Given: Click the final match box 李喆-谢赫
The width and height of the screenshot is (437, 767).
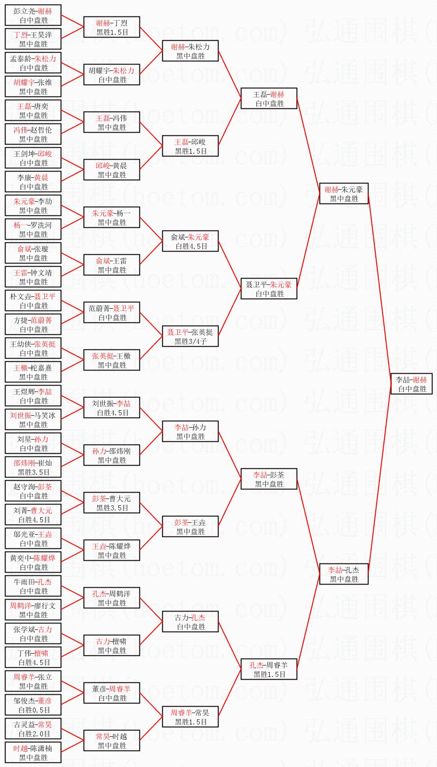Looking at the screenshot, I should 412,384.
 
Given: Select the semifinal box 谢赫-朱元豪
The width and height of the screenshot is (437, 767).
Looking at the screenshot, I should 344,193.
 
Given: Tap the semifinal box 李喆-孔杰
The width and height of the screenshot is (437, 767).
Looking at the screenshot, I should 344,574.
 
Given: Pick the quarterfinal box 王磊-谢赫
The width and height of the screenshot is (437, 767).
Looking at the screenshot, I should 269,98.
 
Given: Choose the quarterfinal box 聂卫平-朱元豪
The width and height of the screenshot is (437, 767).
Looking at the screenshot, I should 269,289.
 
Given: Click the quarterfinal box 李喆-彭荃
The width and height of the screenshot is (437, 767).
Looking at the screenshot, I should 269,479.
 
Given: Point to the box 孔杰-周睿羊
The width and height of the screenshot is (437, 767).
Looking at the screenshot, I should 269,669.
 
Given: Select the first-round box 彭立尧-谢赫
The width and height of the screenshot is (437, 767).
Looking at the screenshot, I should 33,15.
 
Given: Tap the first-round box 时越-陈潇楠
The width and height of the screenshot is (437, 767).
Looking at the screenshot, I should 33,752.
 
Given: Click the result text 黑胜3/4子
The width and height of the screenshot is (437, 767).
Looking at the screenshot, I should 191,341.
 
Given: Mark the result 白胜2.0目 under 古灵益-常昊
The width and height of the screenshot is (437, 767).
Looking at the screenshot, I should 33,733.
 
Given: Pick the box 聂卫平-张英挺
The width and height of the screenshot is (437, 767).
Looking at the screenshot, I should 191,336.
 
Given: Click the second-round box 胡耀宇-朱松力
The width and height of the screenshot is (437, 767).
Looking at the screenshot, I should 112,75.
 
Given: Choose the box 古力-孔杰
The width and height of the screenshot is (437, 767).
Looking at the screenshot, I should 191,622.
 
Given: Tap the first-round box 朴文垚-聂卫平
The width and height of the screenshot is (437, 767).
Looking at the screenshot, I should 33,300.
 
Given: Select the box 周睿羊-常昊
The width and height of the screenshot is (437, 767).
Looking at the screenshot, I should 191,717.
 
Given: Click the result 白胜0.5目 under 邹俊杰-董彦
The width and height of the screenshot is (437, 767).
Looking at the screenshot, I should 33,709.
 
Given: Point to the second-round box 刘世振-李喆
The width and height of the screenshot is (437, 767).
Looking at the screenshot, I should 112,408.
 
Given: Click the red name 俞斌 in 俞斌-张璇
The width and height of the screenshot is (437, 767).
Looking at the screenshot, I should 24,249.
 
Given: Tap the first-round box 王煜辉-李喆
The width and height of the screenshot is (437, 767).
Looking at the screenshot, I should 33,396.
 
